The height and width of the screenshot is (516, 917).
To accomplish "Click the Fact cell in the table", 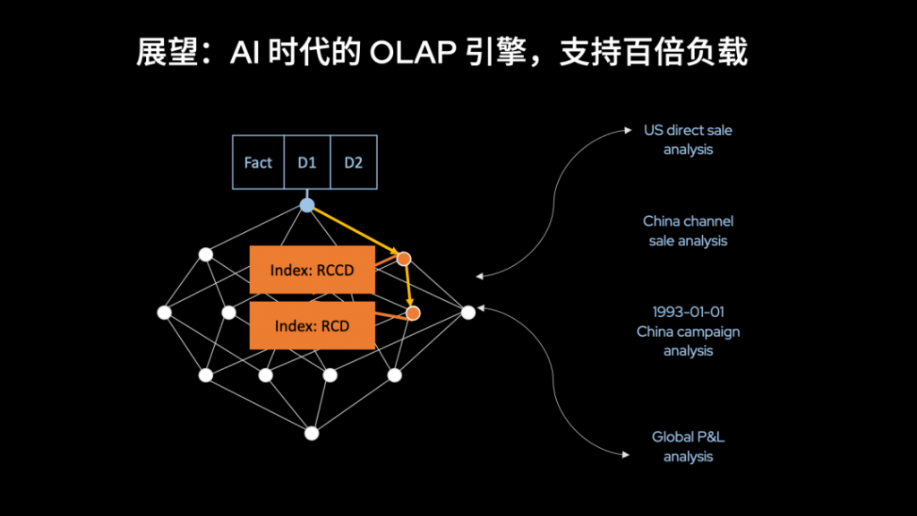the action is click(258, 162).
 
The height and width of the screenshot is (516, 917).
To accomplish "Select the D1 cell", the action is click(307, 162).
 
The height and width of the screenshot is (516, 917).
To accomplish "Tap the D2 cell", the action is click(354, 162).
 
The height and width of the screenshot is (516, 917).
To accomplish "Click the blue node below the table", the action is click(307, 205).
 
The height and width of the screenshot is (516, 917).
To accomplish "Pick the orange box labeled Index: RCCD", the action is click(313, 270).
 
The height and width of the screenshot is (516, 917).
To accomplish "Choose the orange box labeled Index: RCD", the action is click(313, 326).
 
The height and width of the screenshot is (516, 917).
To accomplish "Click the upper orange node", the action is click(404, 259).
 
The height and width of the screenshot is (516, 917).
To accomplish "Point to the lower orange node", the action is click(413, 314).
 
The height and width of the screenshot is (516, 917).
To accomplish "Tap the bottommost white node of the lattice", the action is click(312, 434).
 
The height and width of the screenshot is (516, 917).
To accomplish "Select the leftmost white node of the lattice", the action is click(165, 313).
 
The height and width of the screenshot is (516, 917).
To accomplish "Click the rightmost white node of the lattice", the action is click(467, 313).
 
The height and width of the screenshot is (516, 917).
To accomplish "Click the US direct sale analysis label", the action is click(688, 140).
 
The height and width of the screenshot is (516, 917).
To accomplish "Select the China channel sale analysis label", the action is click(688, 231).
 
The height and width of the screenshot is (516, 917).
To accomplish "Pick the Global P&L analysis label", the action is click(688, 446).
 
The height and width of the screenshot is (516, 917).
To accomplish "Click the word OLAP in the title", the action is click(413, 53).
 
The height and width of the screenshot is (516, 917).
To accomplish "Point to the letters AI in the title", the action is click(244, 53).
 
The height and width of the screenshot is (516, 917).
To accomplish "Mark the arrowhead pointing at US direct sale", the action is click(628, 130).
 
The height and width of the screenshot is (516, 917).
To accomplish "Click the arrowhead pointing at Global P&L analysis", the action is click(626, 454).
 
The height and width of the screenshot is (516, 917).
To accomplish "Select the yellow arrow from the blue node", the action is click(356, 230).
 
